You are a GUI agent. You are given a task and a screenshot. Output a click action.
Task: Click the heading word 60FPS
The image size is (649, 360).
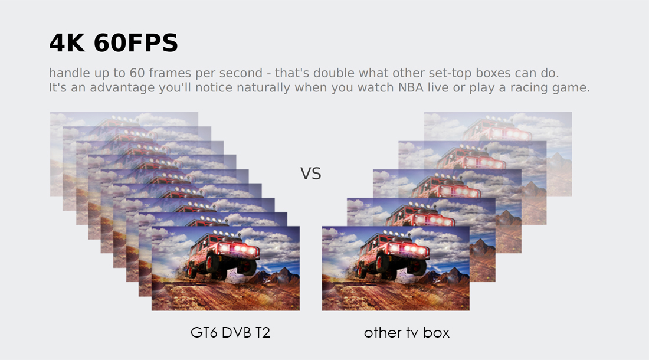[136, 42]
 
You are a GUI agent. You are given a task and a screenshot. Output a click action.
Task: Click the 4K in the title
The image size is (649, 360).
[67, 42]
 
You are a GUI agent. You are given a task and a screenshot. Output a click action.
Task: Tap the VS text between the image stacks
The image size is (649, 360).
[310, 174]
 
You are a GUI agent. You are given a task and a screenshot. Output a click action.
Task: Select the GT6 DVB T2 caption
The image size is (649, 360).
[230, 332]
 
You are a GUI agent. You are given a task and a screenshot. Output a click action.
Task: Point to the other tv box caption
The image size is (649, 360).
[407, 332]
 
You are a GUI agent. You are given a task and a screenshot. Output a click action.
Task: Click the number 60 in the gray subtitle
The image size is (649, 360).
[137, 73]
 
